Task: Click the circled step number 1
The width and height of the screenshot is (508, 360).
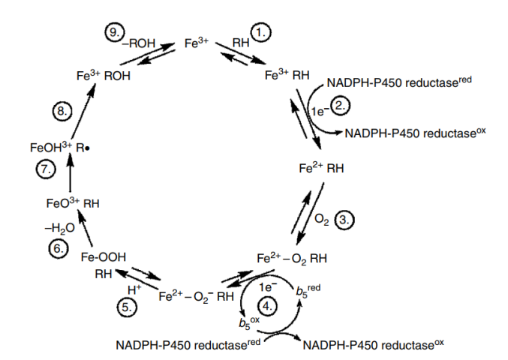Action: click(x=261, y=32)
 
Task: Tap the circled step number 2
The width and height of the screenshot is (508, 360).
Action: click(x=340, y=106)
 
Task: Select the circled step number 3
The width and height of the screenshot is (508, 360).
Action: click(x=344, y=220)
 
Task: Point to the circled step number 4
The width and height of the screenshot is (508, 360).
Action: click(x=267, y=306)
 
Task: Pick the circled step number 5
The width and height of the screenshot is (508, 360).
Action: click(x=127, y=307)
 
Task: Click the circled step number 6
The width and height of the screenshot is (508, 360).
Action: click(x=59, y=249)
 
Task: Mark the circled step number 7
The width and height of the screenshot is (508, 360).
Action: click(x=45, y=169)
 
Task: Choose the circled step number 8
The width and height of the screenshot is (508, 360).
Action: click(x=62, y=111)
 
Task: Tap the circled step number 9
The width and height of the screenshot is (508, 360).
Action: click(x=114, y=32)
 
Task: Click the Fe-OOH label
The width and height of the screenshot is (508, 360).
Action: click(x=104, y=257)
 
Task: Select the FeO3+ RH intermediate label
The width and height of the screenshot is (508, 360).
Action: click(x=73, y=203)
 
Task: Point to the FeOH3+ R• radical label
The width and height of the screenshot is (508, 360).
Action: click(x=59, y=147)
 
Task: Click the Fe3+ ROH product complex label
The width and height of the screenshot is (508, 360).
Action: click(x=104, y=76)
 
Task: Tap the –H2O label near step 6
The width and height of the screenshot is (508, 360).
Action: click(x=59, y=228)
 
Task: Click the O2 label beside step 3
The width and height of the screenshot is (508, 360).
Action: click(x=321, y=220)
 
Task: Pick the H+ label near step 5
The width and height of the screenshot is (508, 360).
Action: click(x=134, y=289)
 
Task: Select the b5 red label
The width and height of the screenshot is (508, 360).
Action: click(x=308, y=290)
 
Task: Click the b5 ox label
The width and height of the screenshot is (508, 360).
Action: click(x=249, y=322)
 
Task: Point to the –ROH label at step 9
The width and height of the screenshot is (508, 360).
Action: click(x=138, y=43)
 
